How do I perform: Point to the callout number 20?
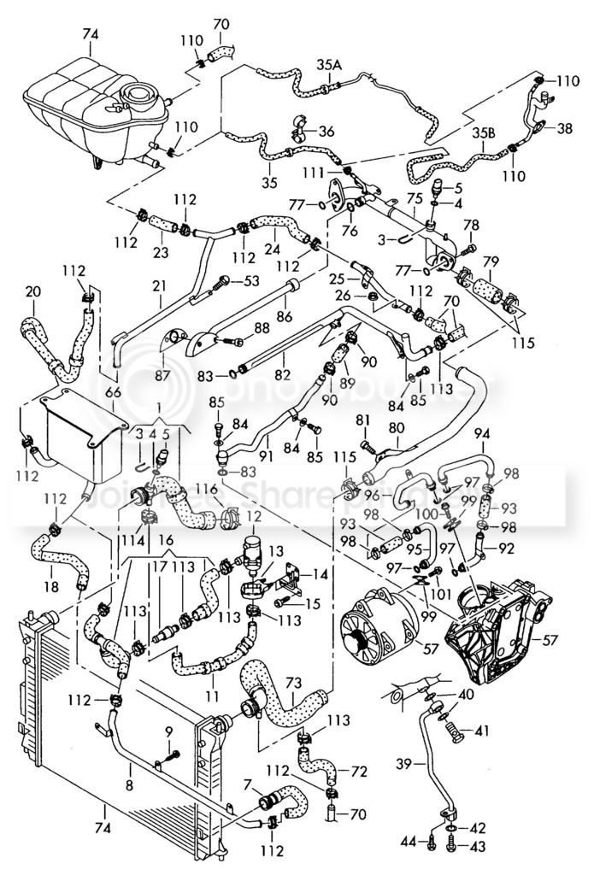pos(32,291)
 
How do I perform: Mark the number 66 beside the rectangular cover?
pos(113,391)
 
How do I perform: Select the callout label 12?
pos(253,517)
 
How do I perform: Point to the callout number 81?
pos(362,420)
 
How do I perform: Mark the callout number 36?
pos(326,132)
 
